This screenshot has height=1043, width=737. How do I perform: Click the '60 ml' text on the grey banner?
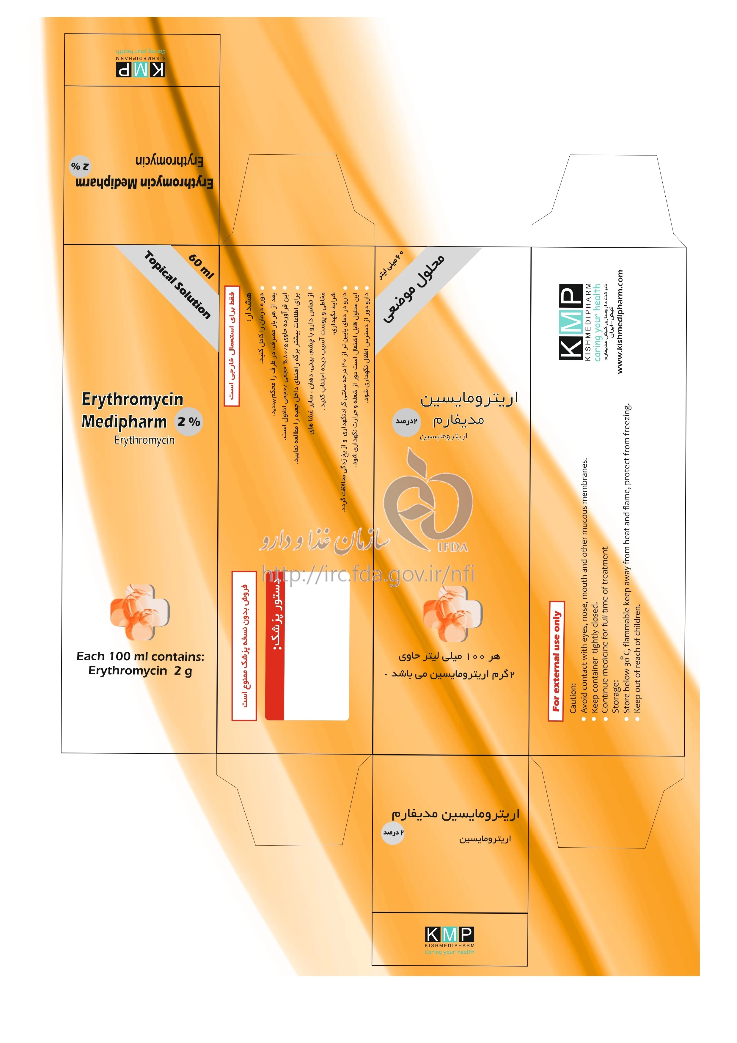tap(201, 266)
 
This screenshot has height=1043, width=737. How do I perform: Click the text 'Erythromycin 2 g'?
tap(140, 671)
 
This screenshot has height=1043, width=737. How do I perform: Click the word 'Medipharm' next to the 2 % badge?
tap(124, 422)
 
